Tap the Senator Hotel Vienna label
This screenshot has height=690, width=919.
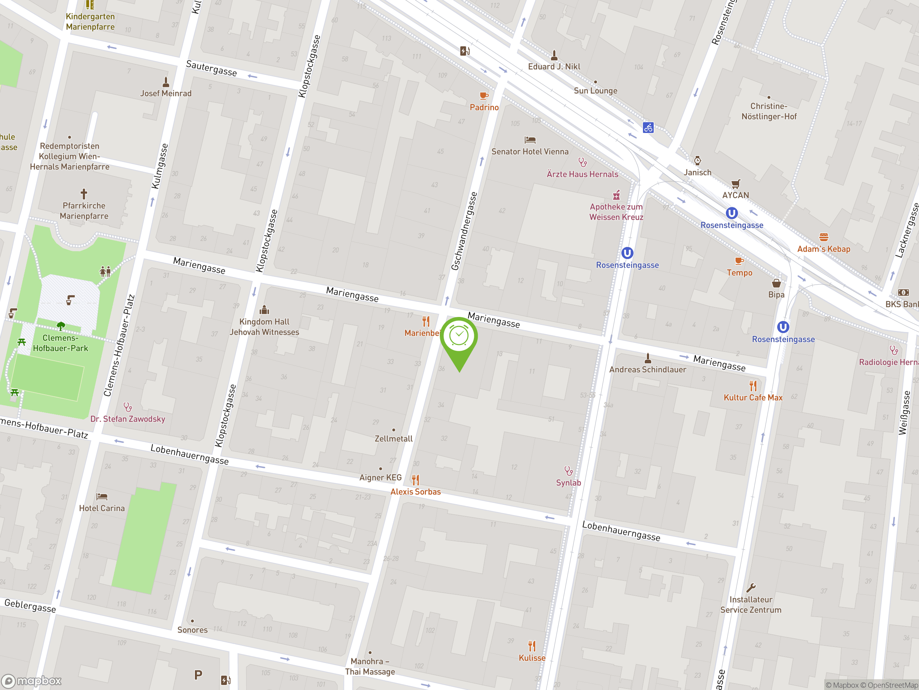pyautogui.click(x=530, y=152)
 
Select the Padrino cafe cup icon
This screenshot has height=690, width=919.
pyautogui.click(x=484, y=96)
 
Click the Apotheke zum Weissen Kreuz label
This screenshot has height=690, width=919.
pyautogui.click(x=616, y=212)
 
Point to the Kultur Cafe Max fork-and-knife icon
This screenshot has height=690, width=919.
pyautogui.click(x=753, y=386)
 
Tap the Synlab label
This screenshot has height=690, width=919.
pyautogui.click(x=568, y=482)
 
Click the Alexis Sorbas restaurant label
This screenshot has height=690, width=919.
pyautogui.click(x=415, y=492)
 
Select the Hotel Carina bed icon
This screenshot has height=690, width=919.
pyautogui.click(x=102, y=497)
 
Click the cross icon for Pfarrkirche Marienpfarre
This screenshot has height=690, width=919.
pyautogui.click(x=84, y=194)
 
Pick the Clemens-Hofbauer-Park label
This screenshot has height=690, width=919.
pyautogui.click(x=61, y=343)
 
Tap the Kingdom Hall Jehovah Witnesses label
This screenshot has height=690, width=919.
pyautogui.click(x=264, y=327)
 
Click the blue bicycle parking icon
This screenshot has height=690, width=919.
pyautogui.click(x=648, y=128)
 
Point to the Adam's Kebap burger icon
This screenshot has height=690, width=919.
pyautogui.click(x=824, y=237)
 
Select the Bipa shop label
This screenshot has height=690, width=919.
pyautogui.click(x=776, y=294)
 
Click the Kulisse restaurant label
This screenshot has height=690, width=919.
pyautogui.click(x=532, y=658)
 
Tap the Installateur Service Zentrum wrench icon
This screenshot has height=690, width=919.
pyautogui.click(x=751, y=588)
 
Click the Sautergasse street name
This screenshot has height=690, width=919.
pyautogui.click(x=211, y=68)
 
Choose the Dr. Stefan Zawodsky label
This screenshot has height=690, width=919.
pyautogui.click(x=128, y=419)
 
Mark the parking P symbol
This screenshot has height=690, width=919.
pyautogui.click(x=198, y=675)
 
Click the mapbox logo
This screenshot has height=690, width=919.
pyautogui.click(x=32, y=681)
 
